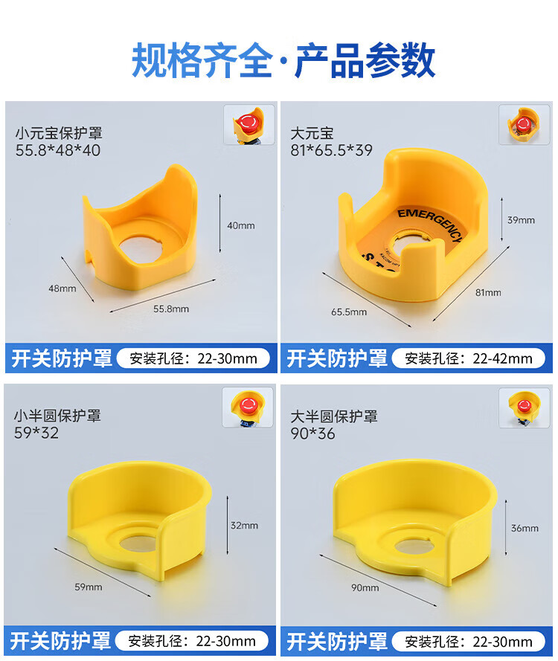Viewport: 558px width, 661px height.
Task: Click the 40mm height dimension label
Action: (241, 225)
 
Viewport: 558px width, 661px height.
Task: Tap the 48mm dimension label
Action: (62, 288)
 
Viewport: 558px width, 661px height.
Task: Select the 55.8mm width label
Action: (171, 309)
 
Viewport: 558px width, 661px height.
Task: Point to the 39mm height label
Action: (521, 220)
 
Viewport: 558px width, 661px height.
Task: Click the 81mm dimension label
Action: (488, 292)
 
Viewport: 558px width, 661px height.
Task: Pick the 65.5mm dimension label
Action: (349, 312)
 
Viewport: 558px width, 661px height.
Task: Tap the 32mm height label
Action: (244, 525)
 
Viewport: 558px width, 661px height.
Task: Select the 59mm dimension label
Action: (89, 587)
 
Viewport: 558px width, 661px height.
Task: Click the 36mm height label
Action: (525, 528)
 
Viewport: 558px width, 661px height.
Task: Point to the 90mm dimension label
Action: (365, 587)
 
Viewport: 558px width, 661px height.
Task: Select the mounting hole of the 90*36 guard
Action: (414, 546)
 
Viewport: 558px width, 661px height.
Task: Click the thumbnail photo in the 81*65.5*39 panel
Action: (525, 125)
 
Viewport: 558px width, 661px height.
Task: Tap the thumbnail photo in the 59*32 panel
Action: (248, 407)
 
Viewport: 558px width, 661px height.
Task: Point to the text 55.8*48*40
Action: (58, 150)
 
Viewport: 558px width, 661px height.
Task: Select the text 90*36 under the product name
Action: (312, 433)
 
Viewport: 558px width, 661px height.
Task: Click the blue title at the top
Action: (283, 61)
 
